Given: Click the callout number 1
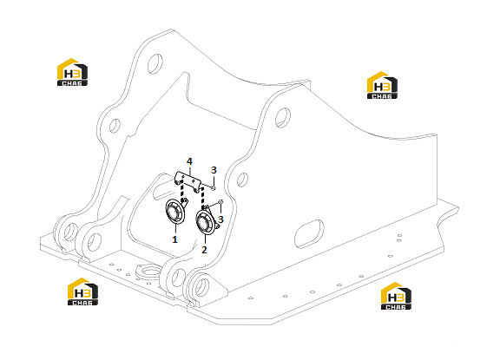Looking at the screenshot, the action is [x=174, y=239].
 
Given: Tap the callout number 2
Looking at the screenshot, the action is [x=204, y=250].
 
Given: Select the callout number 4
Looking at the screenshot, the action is [x=189, y=161].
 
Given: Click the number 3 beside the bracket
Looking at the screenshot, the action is [x=214, y=170].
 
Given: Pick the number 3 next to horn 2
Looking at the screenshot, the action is [x=220, y=219].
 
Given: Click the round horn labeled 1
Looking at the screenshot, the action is [x=175, y=212].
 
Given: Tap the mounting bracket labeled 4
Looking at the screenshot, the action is [x=187, y=180].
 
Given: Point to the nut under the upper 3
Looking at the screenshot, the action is [x=214, y=188].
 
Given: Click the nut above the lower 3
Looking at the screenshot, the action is [x=220, y=201].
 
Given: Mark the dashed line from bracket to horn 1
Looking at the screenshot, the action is [x=182, y=191].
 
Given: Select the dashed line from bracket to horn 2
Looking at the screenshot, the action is [x=202, y=198].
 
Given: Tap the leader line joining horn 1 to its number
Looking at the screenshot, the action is [x=175, y=230].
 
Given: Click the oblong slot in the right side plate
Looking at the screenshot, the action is [x=309, y=233].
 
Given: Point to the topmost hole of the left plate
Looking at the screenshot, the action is [x=155, y=63].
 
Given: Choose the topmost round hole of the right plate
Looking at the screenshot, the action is [x=282, y=118].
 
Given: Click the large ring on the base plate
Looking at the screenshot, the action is [x=148, y=272].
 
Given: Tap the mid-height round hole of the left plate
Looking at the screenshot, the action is [x=115, y=126].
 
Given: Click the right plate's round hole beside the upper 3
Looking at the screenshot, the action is [x=243, y=180].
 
